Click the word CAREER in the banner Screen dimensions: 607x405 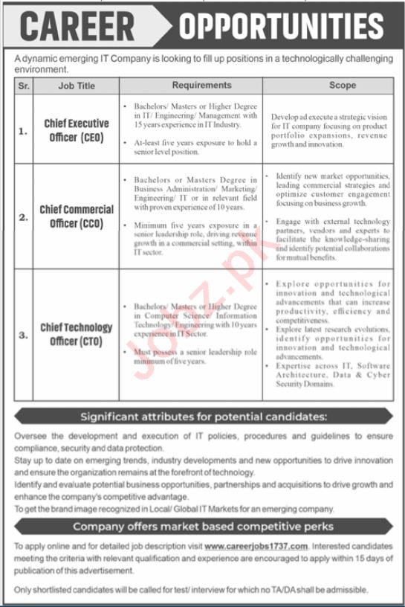point(77,27)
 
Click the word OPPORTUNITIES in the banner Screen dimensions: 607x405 point(282,27)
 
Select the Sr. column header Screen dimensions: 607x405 point(24,86)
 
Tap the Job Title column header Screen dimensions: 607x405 point(77,86)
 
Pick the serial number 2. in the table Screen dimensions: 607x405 point(24,217)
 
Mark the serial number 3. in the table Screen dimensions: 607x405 point(24,334)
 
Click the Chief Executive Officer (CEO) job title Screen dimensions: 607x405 point(76,130)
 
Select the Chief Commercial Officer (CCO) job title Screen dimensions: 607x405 point(77,217)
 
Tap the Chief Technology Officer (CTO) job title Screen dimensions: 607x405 point(77,334)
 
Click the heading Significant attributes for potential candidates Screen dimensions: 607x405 point(203,416)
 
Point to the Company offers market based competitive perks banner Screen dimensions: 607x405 point(203,527)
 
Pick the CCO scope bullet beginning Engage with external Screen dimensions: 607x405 point(332,238)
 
